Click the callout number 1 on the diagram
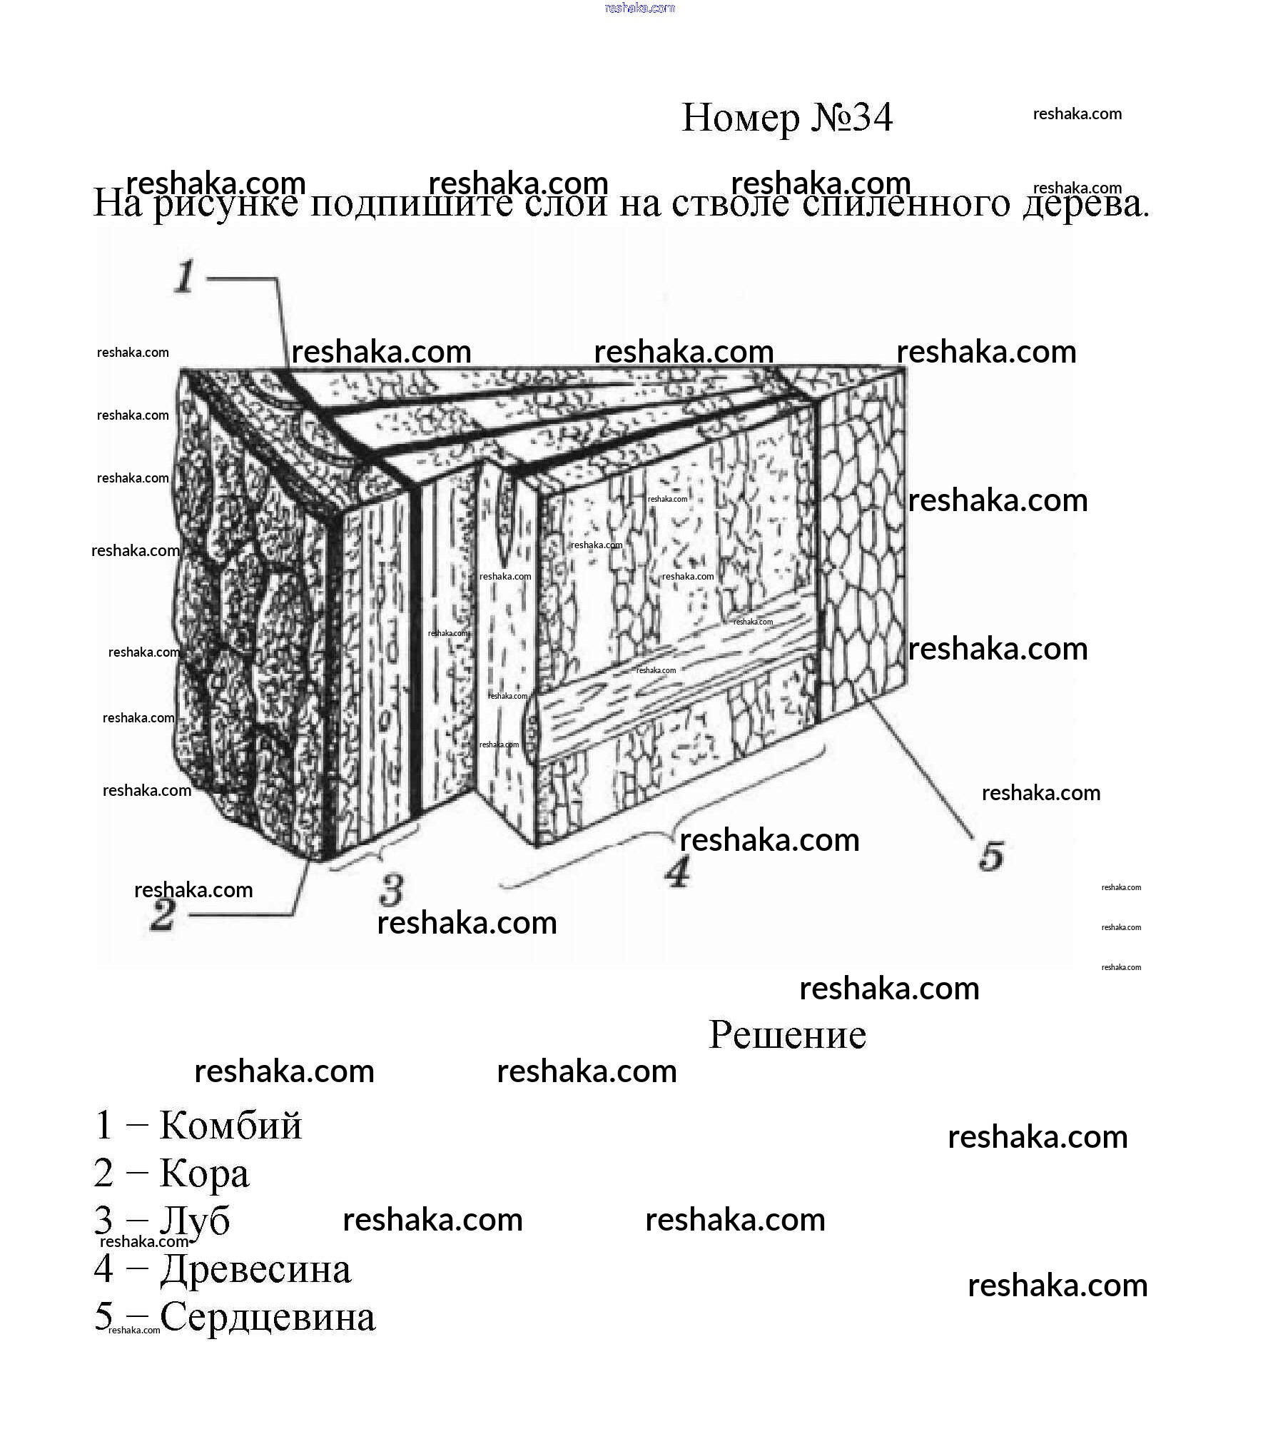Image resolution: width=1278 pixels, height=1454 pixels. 185,277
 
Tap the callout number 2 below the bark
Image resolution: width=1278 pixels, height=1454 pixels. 162,915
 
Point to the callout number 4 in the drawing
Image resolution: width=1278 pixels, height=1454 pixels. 679,872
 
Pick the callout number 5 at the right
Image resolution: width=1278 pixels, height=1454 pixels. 991,856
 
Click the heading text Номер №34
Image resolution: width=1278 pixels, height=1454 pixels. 786,118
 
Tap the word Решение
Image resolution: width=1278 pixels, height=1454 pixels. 787,1035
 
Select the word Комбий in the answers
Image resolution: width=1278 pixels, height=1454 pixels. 230,1126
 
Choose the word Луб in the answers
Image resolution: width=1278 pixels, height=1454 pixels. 195,1221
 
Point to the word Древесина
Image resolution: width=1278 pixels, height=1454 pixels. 255,1268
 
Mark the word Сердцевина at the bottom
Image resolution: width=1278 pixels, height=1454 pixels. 268,1316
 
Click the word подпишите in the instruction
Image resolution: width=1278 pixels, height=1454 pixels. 410,204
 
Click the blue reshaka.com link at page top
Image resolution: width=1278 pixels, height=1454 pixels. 639,8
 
